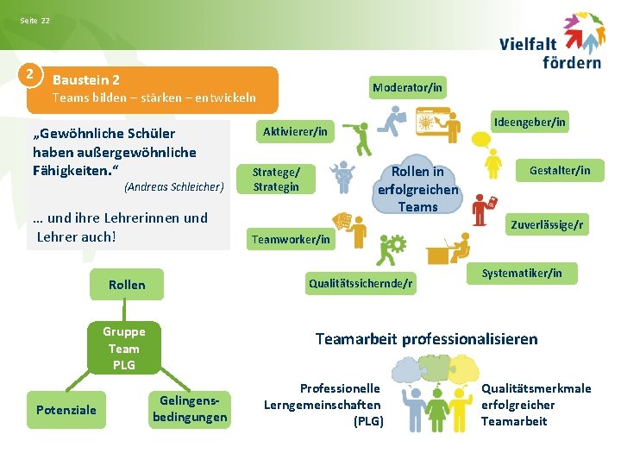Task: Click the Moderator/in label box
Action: [407, 87]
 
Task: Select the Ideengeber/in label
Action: [530, 122]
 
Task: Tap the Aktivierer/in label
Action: [295, 131]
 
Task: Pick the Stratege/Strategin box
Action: [276, 179]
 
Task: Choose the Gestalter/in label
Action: [560, 170]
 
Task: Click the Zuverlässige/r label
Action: [547, 225]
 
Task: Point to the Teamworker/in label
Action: [290, 239]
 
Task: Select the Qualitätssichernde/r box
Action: [361, 282]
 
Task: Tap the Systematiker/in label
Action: [522, 274]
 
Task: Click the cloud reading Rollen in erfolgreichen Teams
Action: [418, 189]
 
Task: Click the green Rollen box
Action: [127, 285]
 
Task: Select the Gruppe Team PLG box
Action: [124, 348]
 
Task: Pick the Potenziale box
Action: [66, 409]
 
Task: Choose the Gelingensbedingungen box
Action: [190, 408]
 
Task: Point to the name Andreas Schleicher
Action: [174, 186]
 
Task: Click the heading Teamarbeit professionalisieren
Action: [426, 338]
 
